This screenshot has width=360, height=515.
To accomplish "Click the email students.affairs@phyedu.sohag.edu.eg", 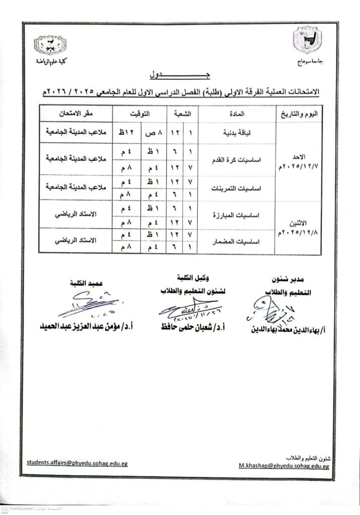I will point(77,463).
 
